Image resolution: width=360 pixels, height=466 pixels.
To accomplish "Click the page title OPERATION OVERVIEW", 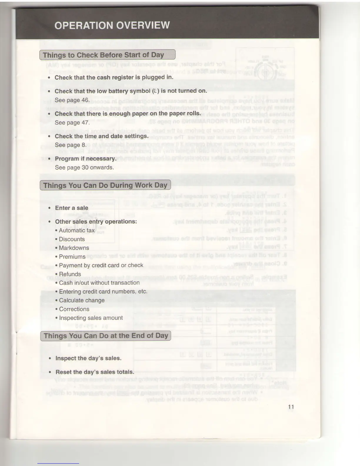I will coord(112,25).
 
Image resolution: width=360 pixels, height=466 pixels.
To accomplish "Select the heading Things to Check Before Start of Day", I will coord(104,55).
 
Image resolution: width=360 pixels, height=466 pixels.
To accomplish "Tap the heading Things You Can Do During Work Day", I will coord(105,185).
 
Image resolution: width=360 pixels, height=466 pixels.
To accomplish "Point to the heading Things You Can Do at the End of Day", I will coord(106,336).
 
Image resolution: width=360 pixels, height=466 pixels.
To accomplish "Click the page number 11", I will coord(291,407).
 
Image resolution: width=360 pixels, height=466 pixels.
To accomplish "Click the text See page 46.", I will coord(72,100).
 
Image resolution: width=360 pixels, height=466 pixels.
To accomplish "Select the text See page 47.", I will coord(72,122).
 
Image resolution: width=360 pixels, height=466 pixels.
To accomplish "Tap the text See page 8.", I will coord(71,145).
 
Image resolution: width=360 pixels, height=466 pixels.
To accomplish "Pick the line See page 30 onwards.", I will coord(84,167).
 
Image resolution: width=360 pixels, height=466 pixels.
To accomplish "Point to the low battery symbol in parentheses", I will coord(155,91).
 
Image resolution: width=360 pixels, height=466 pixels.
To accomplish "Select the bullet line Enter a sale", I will coord(71,208).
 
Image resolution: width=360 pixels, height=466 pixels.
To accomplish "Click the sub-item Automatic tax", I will coord(76,230).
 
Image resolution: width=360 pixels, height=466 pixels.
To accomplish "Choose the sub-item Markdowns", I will coord(74,248).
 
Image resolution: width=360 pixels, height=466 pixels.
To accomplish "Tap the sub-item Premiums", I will coord(72,257).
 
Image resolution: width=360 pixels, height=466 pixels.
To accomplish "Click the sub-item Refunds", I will coord(70,274).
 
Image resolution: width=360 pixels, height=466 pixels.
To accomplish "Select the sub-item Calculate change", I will coord(82,300).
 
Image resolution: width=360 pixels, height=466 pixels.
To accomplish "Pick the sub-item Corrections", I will coord(74,309).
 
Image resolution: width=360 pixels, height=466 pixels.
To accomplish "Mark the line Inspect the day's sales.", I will coord(88,358).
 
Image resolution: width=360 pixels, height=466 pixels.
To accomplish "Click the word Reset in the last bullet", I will coord(63,372).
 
